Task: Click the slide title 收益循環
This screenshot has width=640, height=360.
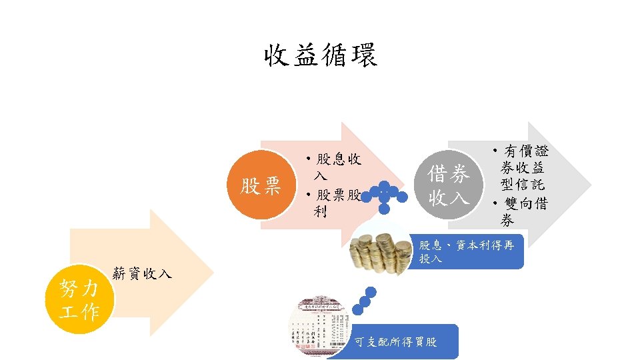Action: (x=320, y=55)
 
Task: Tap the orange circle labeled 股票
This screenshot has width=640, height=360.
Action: (x=261, y=186)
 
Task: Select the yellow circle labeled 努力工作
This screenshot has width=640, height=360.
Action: (x=79, y=300)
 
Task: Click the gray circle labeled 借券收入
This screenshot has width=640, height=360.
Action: (x=449, y=186)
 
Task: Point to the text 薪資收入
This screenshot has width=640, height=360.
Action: (x=143, y=273)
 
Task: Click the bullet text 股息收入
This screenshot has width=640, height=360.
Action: (x=333, y=167)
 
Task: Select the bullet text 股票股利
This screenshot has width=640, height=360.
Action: (x=333, y=203)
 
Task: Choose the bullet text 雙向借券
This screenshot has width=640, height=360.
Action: (x=521, y=212)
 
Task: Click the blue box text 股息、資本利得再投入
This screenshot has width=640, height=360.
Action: (x=466, y=252)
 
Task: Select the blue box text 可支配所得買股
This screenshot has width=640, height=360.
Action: (x=396, y=342)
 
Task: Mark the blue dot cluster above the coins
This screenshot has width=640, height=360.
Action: (x=385, y=195)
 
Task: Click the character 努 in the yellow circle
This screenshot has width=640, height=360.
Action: (x=69, y=289)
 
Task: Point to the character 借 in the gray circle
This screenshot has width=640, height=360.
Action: (x=438, y=175)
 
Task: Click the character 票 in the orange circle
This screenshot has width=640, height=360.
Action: (x=271, y=186)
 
